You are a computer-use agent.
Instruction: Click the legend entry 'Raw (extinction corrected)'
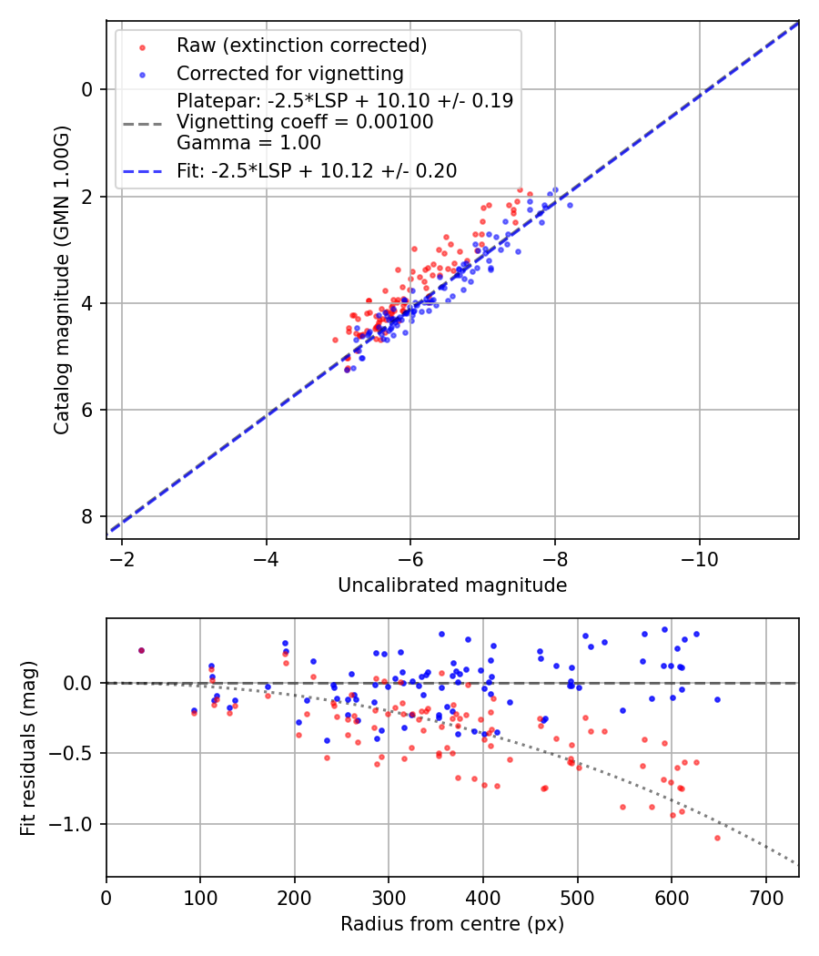click(x=301, y=46)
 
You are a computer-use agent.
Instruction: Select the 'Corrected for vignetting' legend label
click(x=290, y=73)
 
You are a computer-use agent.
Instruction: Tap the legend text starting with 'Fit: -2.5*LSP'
click(x=317, y=170)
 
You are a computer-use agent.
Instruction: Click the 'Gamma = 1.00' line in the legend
click(x=248, y=143)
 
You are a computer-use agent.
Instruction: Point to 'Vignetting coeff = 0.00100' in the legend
click(x=305, y=122)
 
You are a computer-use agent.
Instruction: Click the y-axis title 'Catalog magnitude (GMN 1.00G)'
click(x=61, y=280)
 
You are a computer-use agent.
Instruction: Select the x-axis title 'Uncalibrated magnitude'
click(x=452, y=585)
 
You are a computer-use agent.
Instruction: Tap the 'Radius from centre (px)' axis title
click(x=452, y=924)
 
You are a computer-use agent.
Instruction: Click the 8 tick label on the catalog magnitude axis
click(x=87, y=516)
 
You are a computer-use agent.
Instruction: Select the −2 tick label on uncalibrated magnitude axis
click(x=121, y=556)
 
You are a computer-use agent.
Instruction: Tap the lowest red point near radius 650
click(x=717, y=838)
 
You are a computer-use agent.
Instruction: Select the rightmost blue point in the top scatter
click(x=570, y=205)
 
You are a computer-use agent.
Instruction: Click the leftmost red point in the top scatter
click(x=335, y=340)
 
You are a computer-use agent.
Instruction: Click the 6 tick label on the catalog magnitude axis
click(x=87, y=410)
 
